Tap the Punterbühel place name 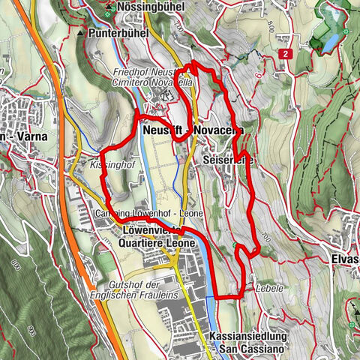pyautogui.click(x=118, y=34)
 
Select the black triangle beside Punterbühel pyautogui.click(x=80, y=34)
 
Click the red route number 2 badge pyautogui.click(x=286, y=54)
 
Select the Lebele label pyautogui.click(x=268, y=286)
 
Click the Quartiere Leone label pyautogui.click(x=157, y=244)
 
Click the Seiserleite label pyautogui.click(x=227, y=160)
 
